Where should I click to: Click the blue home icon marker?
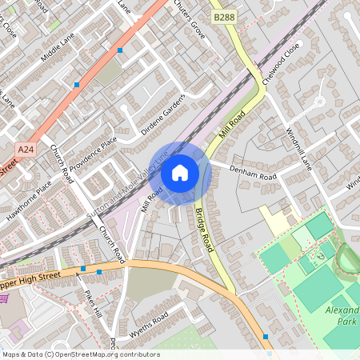[x=180, y=172]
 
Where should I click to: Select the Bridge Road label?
[x=205, y=228]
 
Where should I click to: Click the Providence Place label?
[x=90, y=152]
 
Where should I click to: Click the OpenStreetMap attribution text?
[x=80, y=354]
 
